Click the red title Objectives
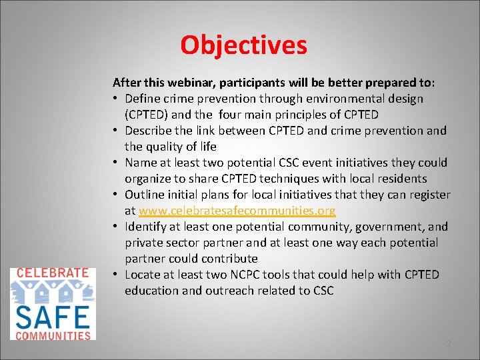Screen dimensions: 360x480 click(243, 45)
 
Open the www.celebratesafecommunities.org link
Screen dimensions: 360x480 click(237, 211)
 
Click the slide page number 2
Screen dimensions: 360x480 click(449, 343)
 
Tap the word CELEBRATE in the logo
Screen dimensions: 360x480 click(52, 273)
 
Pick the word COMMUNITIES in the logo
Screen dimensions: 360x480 click(52, 335)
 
